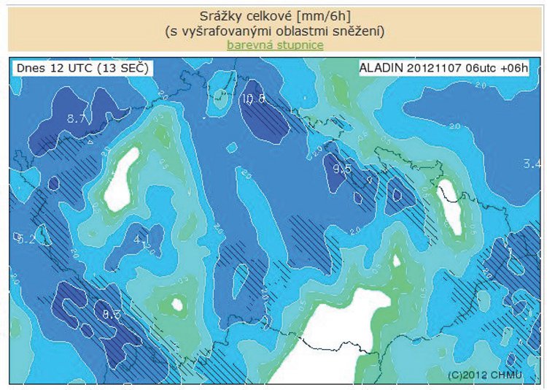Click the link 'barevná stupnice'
(275, 45)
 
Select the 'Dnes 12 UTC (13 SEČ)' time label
(81, 68)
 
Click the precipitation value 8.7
(76, 118)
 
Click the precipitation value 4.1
(142, 238)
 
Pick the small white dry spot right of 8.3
(176, 305)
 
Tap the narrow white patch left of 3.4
(451, 207)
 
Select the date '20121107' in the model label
(435, 68)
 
